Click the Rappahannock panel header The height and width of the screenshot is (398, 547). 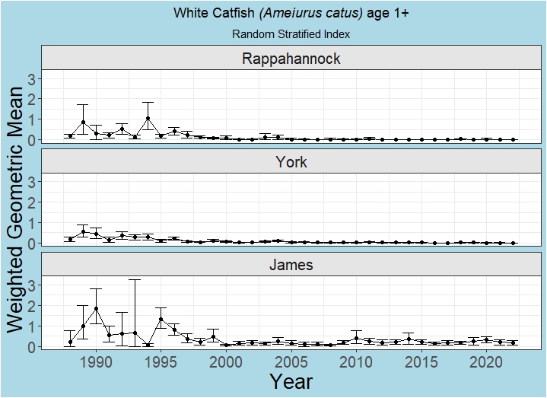[291, 59]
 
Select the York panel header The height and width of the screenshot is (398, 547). [291, 162]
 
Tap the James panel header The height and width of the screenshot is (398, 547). [291, 266]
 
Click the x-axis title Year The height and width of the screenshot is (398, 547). [291, 381]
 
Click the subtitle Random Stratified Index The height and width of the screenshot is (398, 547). [291, 34]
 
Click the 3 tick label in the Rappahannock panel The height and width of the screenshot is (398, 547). [33, 78]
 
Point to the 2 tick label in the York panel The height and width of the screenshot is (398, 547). [33, 202]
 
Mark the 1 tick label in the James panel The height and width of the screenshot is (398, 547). [33, 326]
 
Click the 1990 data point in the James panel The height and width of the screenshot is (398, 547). [97, 308]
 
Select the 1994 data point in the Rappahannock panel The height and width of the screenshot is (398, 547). [148, 119]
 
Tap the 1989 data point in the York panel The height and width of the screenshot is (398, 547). [84, 232]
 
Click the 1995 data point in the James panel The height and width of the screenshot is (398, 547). [161, 320]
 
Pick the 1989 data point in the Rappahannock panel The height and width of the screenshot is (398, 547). [84, 123]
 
